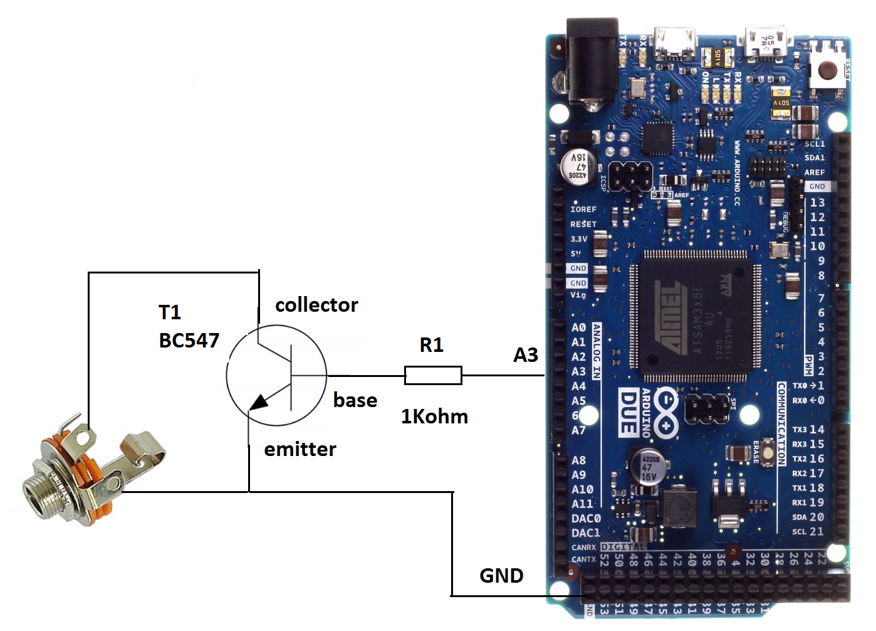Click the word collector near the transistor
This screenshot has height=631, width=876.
(316, 305)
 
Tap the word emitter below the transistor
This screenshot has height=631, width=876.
(300, 449)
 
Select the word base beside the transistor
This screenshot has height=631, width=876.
(355, 400)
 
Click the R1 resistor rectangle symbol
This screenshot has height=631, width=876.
(433, 375)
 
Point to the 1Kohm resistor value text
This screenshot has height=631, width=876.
(434, 416)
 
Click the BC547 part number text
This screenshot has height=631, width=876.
(189, 341)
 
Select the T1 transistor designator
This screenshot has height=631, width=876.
(170, 312)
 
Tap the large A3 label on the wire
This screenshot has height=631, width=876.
(526, 355)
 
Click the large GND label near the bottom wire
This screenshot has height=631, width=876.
(501, 576)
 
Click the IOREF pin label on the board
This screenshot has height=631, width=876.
(583, 209)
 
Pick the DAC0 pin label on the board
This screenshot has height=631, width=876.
(585, 519)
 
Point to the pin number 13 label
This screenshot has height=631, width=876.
(817, 203)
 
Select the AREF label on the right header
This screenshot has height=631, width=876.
(814, 172)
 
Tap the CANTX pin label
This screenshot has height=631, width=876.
(583, 559)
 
